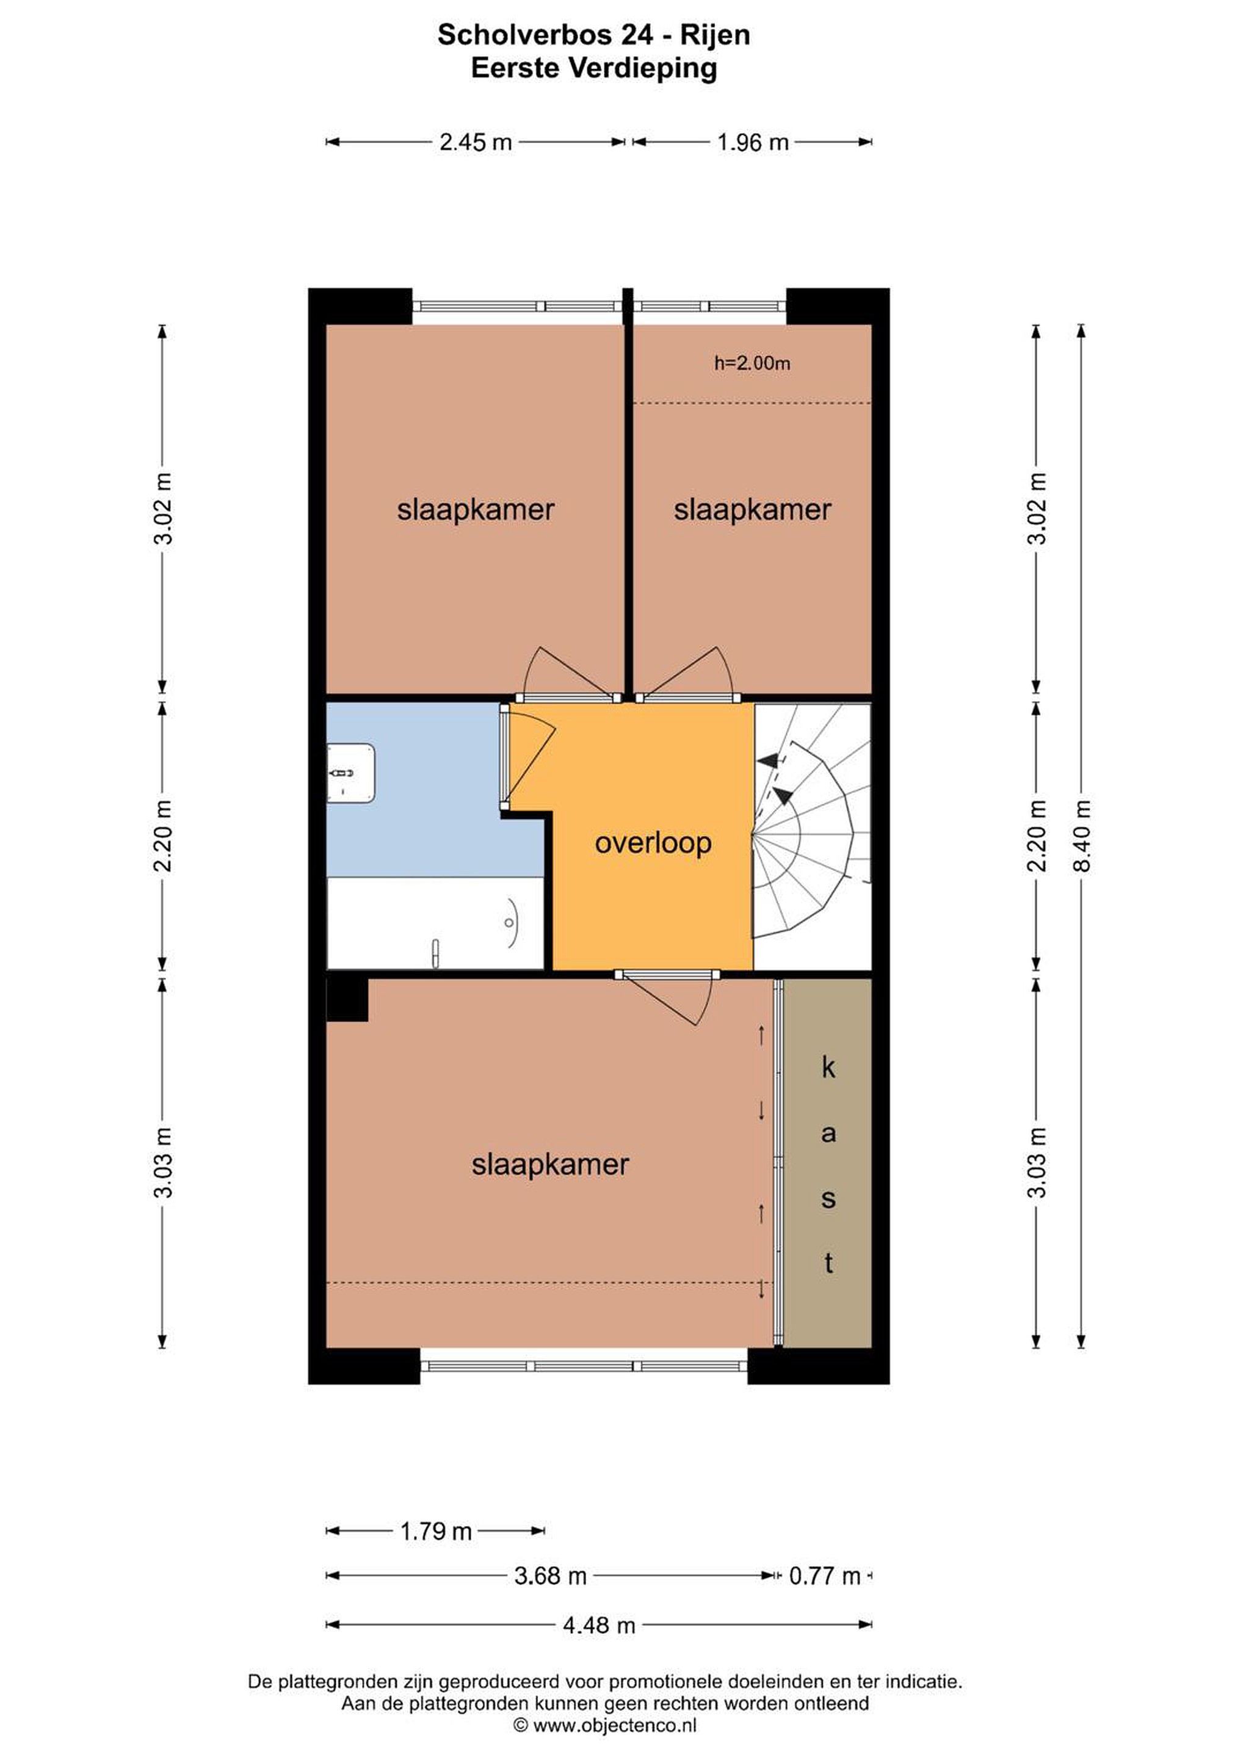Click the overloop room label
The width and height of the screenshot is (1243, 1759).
(x=653, y=843)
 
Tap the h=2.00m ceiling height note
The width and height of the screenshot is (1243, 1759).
(x=752, y=363)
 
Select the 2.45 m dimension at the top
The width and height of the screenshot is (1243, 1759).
(x=476, y=142)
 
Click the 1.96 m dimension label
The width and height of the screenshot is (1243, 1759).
(x=753, y=142)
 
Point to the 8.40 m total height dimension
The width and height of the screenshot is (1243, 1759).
(x=1081, y=836)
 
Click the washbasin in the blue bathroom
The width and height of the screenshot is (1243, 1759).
(x=351, y=773)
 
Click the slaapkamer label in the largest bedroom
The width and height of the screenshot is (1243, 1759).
(x=550, y=1165)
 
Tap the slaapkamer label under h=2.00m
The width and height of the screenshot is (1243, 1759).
(x=752, y=510)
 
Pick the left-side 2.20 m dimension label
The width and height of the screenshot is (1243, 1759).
(x=163, y=836)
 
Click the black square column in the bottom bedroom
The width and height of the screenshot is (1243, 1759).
(x=347, y=1000)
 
